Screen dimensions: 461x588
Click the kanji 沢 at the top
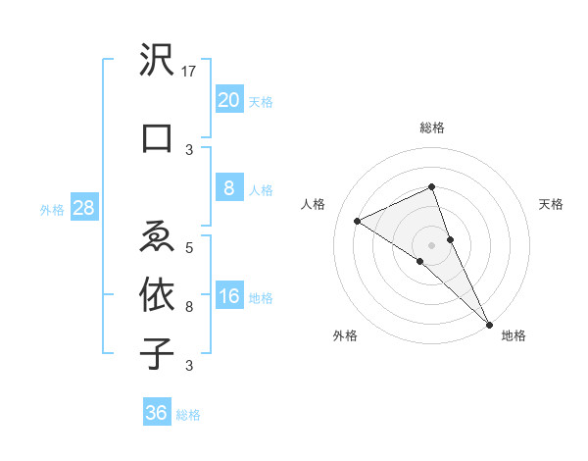point(157,64)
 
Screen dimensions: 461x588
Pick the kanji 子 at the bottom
point(157,353)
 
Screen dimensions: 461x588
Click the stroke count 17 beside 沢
point(190,72)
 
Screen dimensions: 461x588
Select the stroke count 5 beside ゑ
point(189,247)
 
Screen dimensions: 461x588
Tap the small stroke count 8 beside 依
point(189,307)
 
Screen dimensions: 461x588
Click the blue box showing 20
point(228,99)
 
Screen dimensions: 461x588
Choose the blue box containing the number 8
point(228,188)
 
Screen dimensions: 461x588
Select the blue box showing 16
point(228,297)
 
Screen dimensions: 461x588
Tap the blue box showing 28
point(83,208)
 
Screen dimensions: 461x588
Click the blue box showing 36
point(157,413)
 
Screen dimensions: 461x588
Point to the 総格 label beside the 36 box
point(188,415)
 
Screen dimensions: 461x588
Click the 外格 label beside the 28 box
point(51,210)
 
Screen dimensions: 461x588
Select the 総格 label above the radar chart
point(432,128)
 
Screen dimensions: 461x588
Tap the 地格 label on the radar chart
point(514,335)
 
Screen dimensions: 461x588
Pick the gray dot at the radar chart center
point(432,244)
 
